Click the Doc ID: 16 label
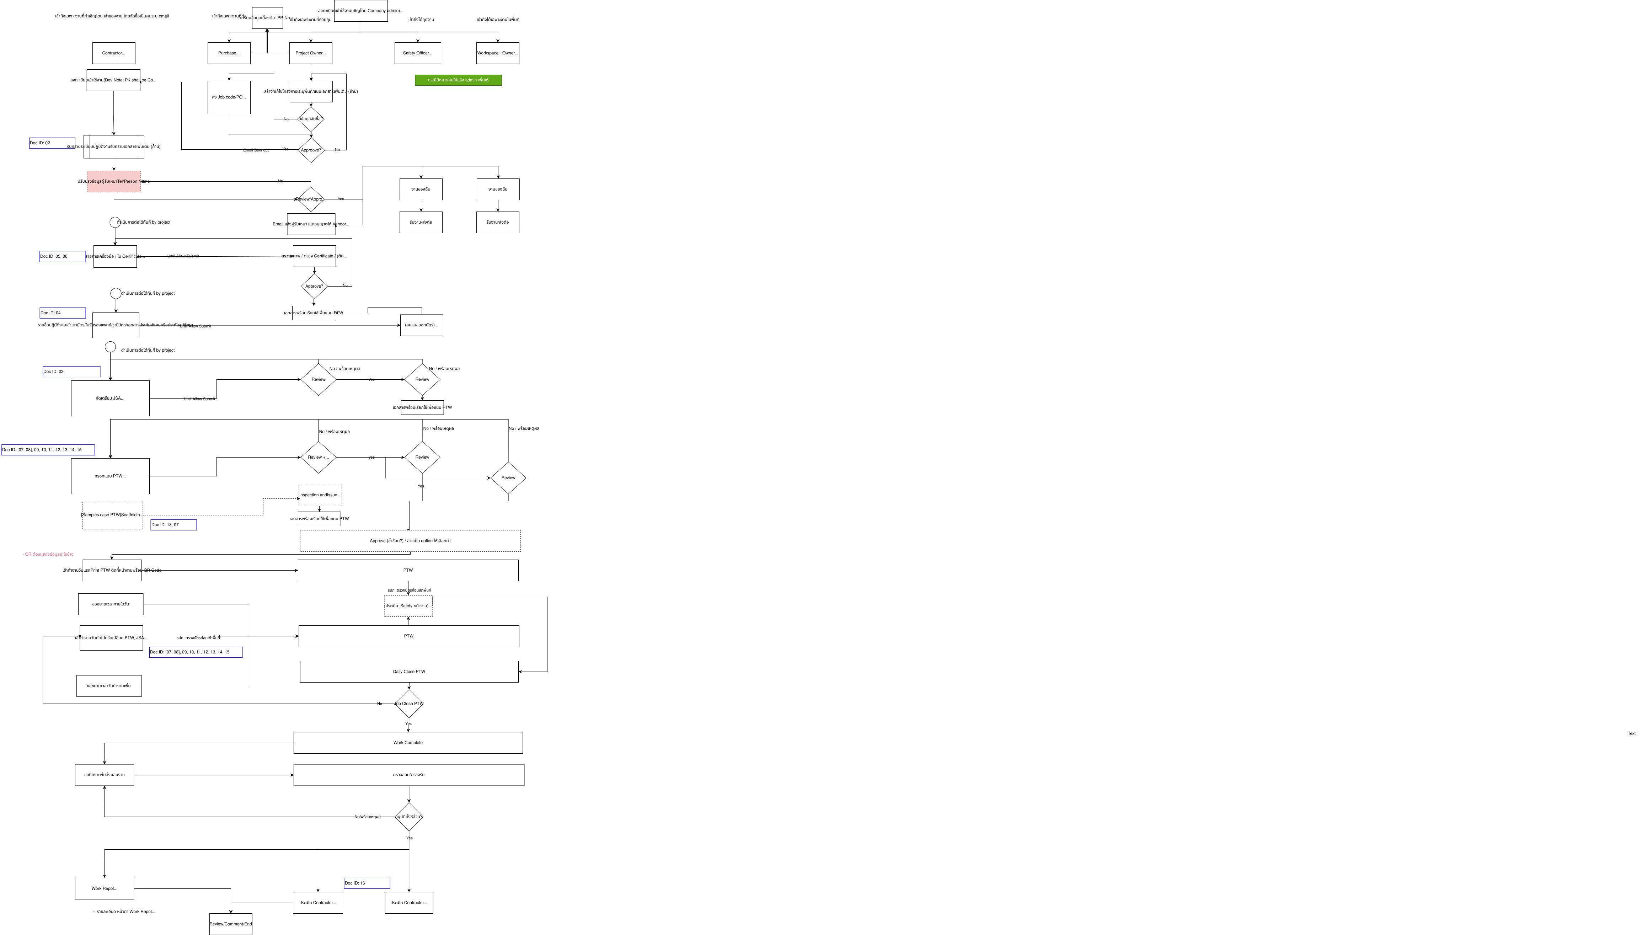click(367, 883)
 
